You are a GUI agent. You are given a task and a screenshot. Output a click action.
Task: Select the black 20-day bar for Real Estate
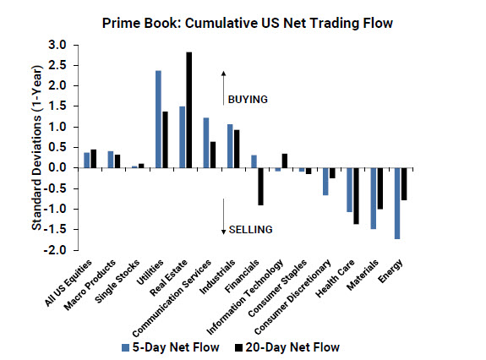pos(188,110)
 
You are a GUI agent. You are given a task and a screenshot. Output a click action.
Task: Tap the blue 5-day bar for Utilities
pos(158,119)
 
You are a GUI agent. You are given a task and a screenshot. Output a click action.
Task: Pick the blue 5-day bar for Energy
pos(396,203)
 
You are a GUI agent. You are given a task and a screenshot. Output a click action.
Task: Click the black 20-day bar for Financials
pos(260,186)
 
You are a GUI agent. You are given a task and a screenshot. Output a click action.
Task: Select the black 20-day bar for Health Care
pos(356,195)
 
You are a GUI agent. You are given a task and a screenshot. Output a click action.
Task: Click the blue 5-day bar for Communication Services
pos(205,142)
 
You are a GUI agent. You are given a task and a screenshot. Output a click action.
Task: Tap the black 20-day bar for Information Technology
pos(284,161)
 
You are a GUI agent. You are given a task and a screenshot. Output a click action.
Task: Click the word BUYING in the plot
pos(247,99)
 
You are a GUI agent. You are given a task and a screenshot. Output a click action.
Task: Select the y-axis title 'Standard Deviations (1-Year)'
pos(37,147)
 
